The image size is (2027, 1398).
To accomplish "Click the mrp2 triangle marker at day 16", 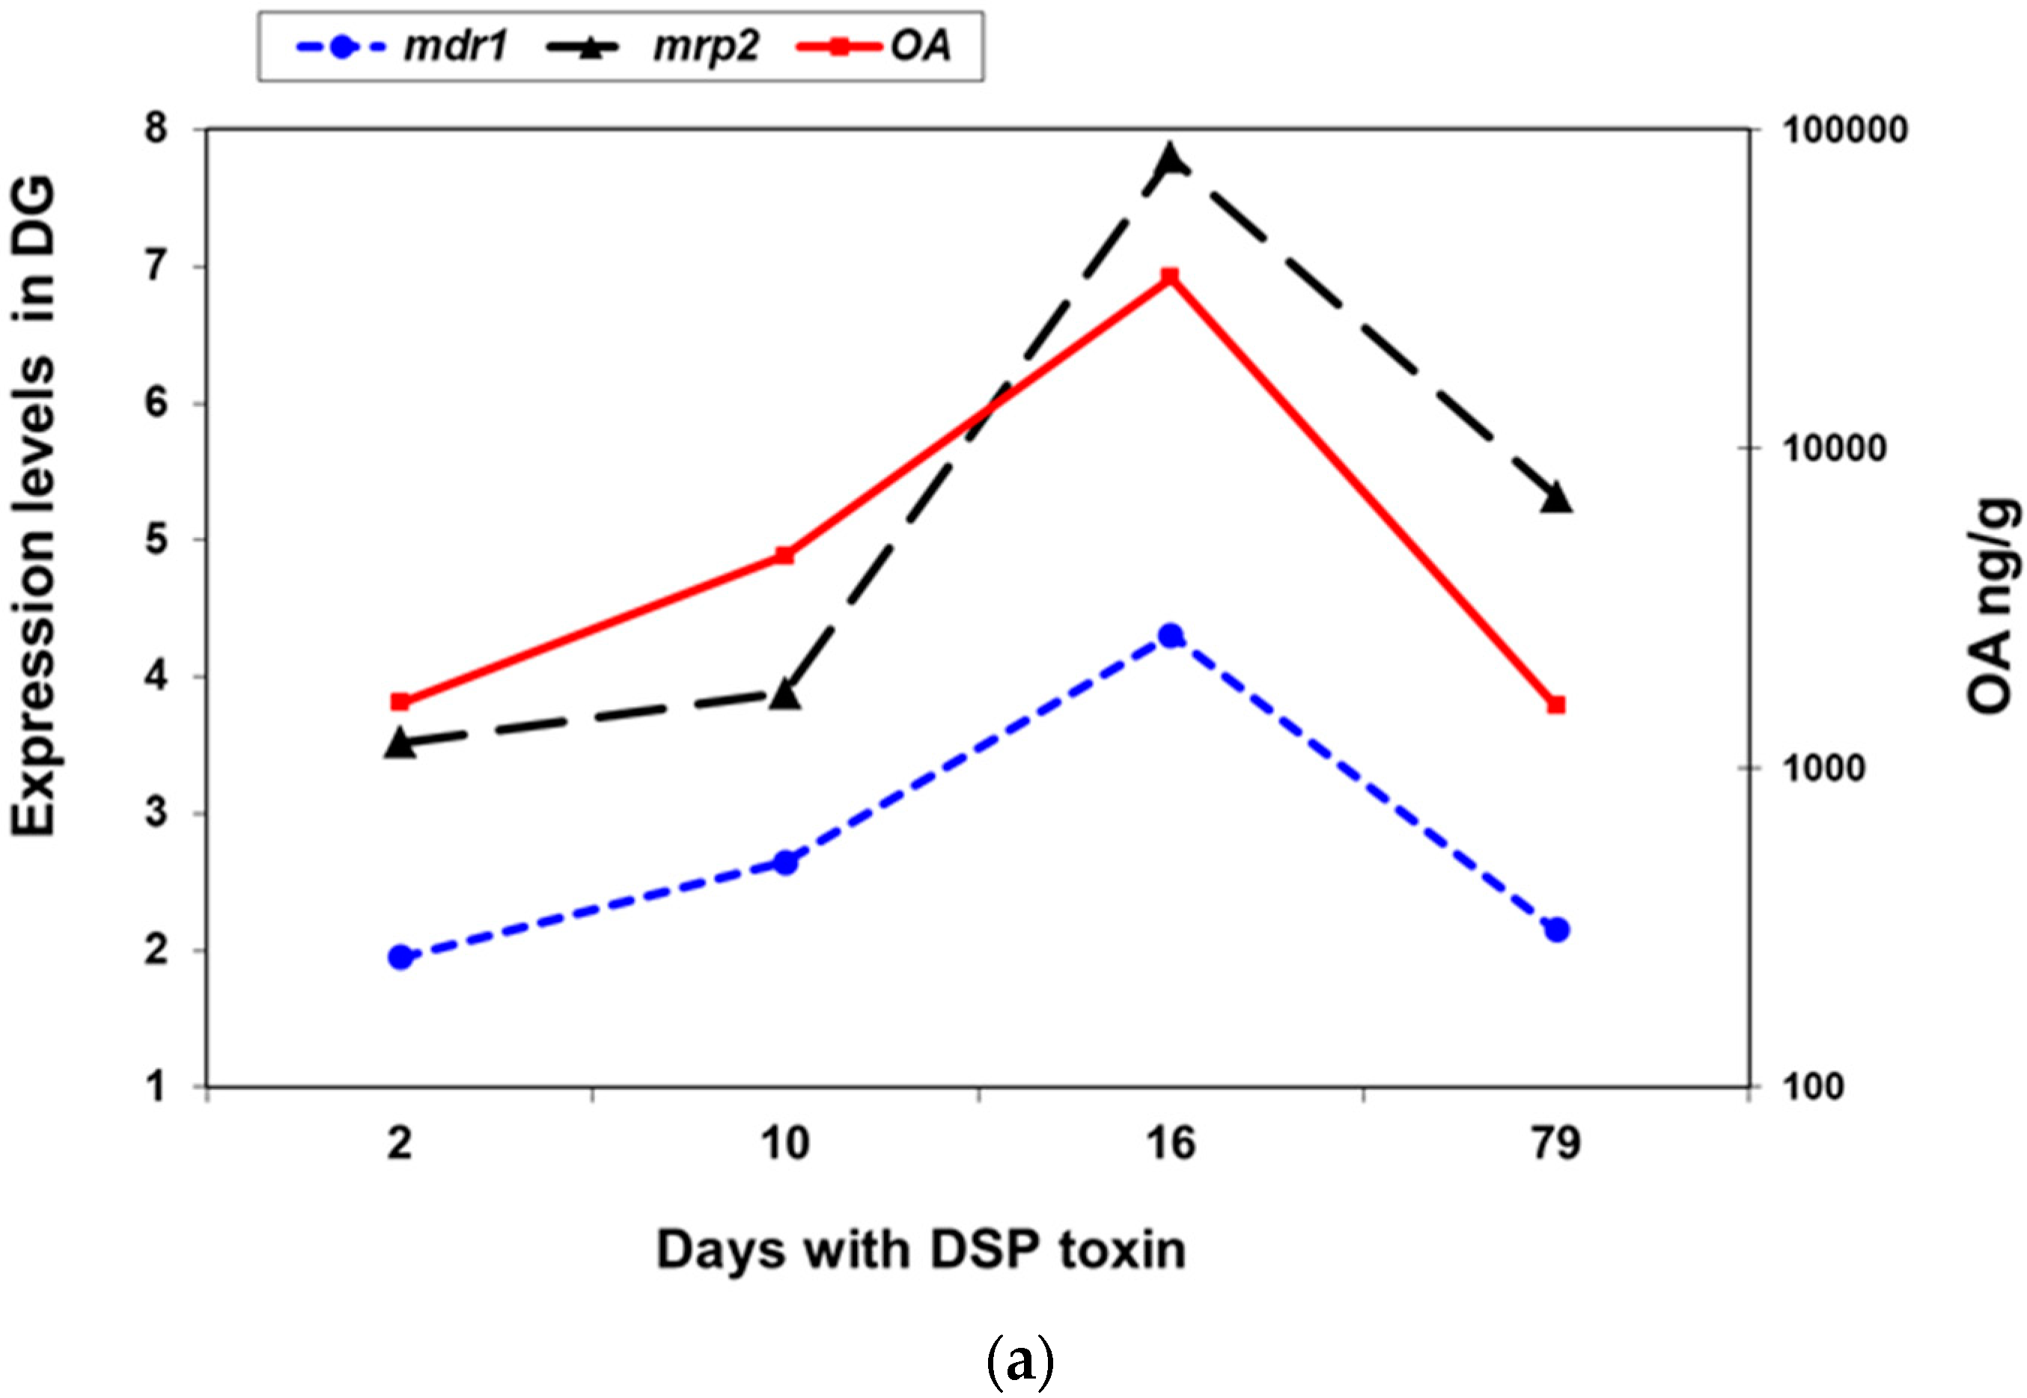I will (x=1171, y=160).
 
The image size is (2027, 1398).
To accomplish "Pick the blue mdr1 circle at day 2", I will (x=400, y=957).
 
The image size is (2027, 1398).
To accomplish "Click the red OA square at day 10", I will (x=785, y=555).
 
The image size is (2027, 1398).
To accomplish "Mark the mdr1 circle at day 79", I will (x=1556, y=929).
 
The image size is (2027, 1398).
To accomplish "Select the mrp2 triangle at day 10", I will (x=785, y=696).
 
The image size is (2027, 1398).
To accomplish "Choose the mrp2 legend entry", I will (x=653, y=46).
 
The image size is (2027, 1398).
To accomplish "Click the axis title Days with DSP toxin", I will (x=921, y=1249).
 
